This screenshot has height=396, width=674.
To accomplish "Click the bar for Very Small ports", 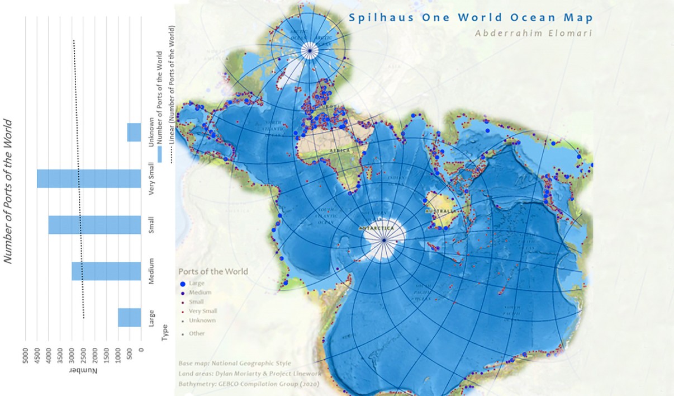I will (x=89, y=178).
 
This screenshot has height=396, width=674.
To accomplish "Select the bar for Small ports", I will (x=95, y=225).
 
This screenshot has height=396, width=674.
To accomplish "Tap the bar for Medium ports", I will (x=106, y=271).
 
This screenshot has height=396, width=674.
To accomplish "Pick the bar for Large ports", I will (x=130, y=317).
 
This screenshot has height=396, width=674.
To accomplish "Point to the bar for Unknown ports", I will (x=134, y=133).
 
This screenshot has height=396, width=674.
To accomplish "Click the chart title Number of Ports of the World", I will (x=8, y=190).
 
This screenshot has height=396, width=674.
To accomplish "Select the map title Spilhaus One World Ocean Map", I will (x=471, y=17).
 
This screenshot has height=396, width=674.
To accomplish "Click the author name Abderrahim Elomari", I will (x=525, y=33).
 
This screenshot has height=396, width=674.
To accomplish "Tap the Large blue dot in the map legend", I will (x=182, y=284).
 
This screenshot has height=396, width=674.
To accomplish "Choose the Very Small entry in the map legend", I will (x=203, y=311).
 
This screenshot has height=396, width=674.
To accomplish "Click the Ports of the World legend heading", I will (x=213, y=271).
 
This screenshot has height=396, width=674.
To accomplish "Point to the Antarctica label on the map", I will (x=376, y=228).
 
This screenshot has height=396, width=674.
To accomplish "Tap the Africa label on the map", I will (x=340, y=150).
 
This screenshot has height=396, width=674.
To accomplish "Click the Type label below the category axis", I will (x=165, y=335).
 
